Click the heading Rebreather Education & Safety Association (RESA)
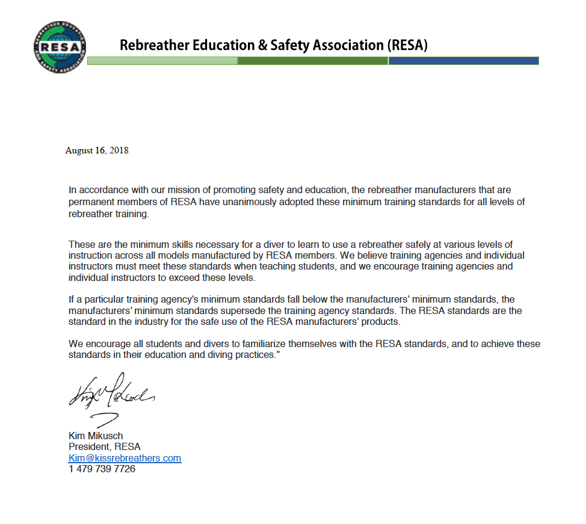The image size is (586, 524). [x=273, y=45]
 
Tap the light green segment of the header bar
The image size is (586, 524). [x=162, y=61]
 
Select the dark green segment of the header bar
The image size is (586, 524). [x=313, y=61]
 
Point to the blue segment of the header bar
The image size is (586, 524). [x=463, y=61]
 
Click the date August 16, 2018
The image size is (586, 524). [x=97, y=150]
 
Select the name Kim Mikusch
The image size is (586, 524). [x=96, y=436]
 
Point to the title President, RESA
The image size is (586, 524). [x=105, y=447]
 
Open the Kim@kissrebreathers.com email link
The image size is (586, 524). [x=125, y=458]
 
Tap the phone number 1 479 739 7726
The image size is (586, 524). [x=102, y=469]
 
